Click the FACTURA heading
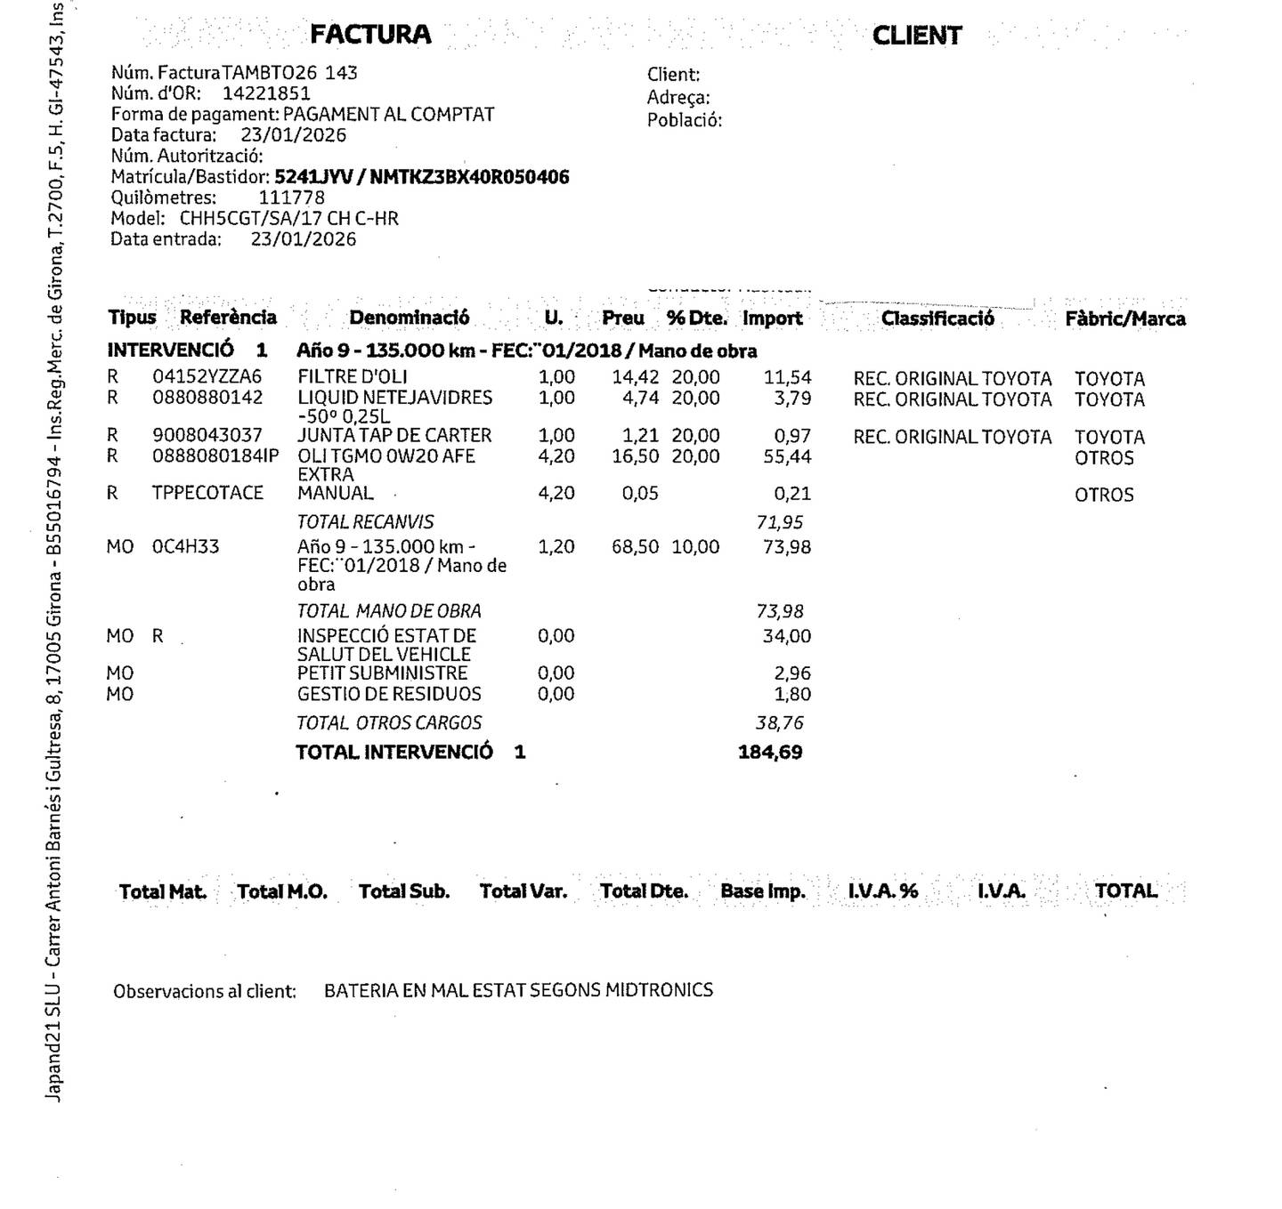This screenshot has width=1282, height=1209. tap(370, 35)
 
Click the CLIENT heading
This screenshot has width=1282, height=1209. tap(916, 36)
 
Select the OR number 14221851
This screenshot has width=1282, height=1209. tap(266, 93)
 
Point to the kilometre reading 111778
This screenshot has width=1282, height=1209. tap(291, 197)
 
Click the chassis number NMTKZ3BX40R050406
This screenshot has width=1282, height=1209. tap(469, 177)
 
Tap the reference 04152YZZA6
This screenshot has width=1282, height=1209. tap(207, 377)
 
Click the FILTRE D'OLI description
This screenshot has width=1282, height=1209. tap(352, 377)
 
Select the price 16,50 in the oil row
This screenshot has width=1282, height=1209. tap(635, 456)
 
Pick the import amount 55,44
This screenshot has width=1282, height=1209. tap(787, 457)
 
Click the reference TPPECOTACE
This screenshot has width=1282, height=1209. tap(207, 493)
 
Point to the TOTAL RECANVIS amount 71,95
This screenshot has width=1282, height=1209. tap(779, 522)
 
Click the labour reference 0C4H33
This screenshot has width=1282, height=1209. tap(185, 546)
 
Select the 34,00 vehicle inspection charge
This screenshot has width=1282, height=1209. tap(786, 636)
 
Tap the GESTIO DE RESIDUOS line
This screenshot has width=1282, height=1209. tap(389, 694)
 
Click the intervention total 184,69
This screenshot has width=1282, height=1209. tap(770, 752)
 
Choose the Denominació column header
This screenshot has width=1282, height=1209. tap(409, 318)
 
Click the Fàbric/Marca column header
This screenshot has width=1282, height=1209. tap(1124, 318)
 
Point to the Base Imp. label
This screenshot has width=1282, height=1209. tap(762, 891)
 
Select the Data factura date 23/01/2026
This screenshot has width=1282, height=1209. tap(293, 135)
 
